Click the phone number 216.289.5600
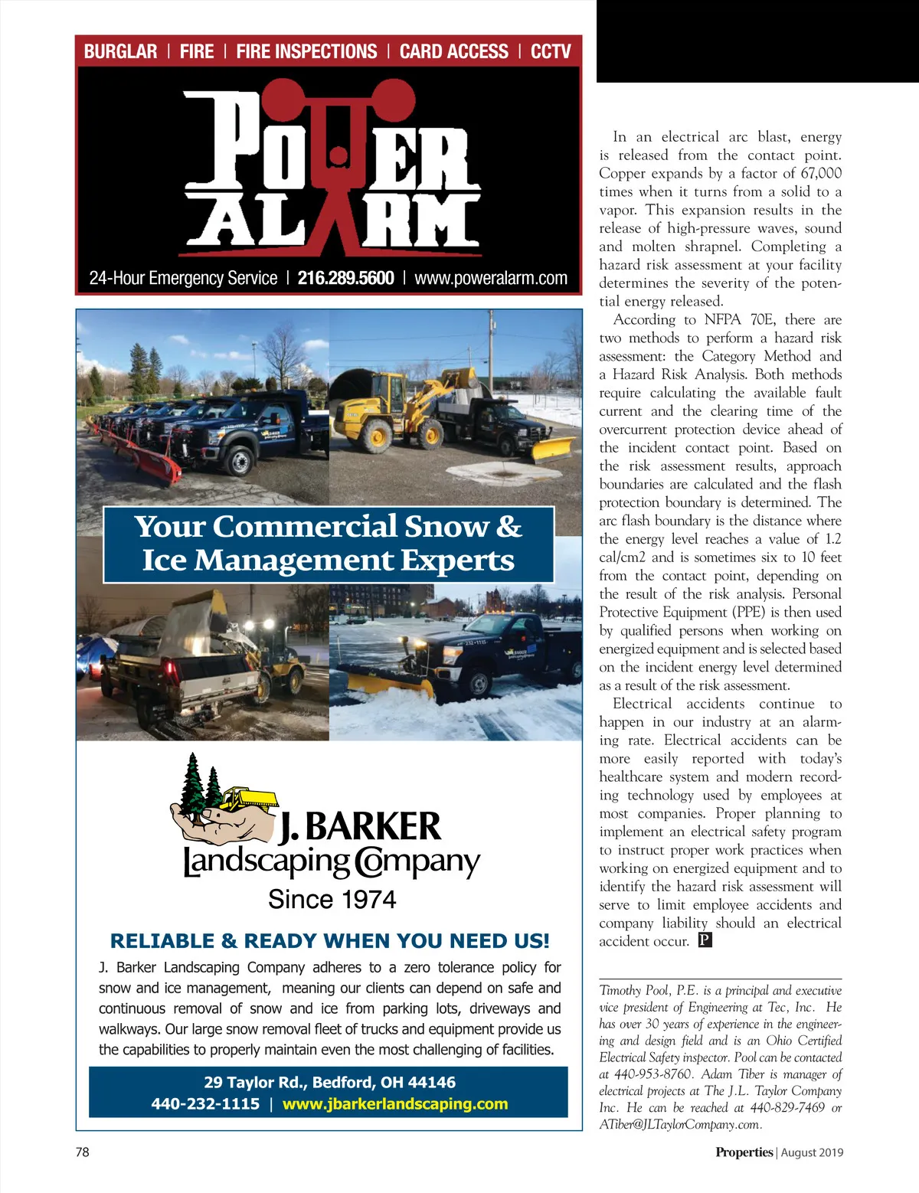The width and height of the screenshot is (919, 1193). click(345, 278)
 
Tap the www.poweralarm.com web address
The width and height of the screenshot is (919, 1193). click(491, 278)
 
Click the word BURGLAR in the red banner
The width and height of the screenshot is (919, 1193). click(120, 52)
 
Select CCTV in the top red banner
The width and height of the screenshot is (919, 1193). click(551, 52)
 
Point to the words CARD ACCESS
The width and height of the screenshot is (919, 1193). click(453, 52)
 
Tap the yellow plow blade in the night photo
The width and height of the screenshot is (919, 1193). click(391, 681)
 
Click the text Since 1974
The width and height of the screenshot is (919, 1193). click(332, 899)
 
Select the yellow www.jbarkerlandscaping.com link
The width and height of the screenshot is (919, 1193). click(395, 1103)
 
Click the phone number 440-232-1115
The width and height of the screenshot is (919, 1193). click(205, 1103)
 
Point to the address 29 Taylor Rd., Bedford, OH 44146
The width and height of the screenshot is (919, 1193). click(329, 1082)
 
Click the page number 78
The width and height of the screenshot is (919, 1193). click(82, 1152)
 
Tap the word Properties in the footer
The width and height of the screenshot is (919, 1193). click(744, 1152)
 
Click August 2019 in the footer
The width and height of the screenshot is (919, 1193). click(812, 1152)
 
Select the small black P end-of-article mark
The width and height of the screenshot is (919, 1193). click(705, 940)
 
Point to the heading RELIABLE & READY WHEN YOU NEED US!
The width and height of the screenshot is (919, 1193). click(330, 941)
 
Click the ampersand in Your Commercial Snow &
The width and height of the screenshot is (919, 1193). click(509, 527)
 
